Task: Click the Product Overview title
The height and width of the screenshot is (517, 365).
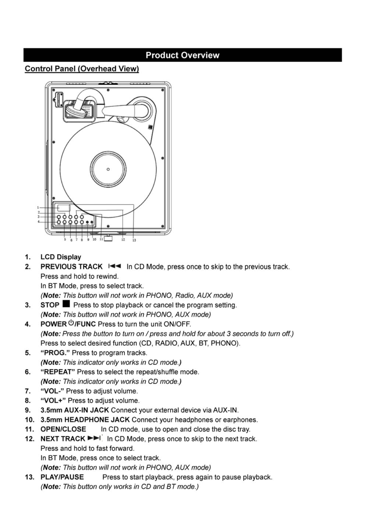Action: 182,55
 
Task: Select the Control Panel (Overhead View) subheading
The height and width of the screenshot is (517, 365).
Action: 82,68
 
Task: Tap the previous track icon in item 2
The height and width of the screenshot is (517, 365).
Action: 115,266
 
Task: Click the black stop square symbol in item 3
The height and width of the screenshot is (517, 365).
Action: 66,304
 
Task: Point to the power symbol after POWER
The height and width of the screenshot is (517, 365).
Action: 71,323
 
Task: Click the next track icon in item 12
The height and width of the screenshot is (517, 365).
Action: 94,438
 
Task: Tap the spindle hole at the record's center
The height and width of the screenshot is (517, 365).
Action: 108,169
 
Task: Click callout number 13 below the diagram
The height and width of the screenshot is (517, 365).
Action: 134,240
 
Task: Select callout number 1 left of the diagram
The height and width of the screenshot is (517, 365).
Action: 38,207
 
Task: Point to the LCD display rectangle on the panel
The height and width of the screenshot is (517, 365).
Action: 63,208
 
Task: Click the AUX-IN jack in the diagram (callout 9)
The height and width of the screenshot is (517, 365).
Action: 87,222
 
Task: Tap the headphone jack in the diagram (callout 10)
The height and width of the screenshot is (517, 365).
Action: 92,222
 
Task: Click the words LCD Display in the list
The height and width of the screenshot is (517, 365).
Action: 61,257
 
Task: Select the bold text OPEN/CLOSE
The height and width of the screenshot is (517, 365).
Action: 63,429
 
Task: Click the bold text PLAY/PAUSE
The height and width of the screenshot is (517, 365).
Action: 62,477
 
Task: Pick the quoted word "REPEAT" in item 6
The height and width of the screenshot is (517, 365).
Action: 58,372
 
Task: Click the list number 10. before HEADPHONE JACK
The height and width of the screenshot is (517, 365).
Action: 29,420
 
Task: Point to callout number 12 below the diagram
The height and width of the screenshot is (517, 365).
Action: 123,239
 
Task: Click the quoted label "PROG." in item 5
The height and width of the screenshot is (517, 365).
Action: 55,353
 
